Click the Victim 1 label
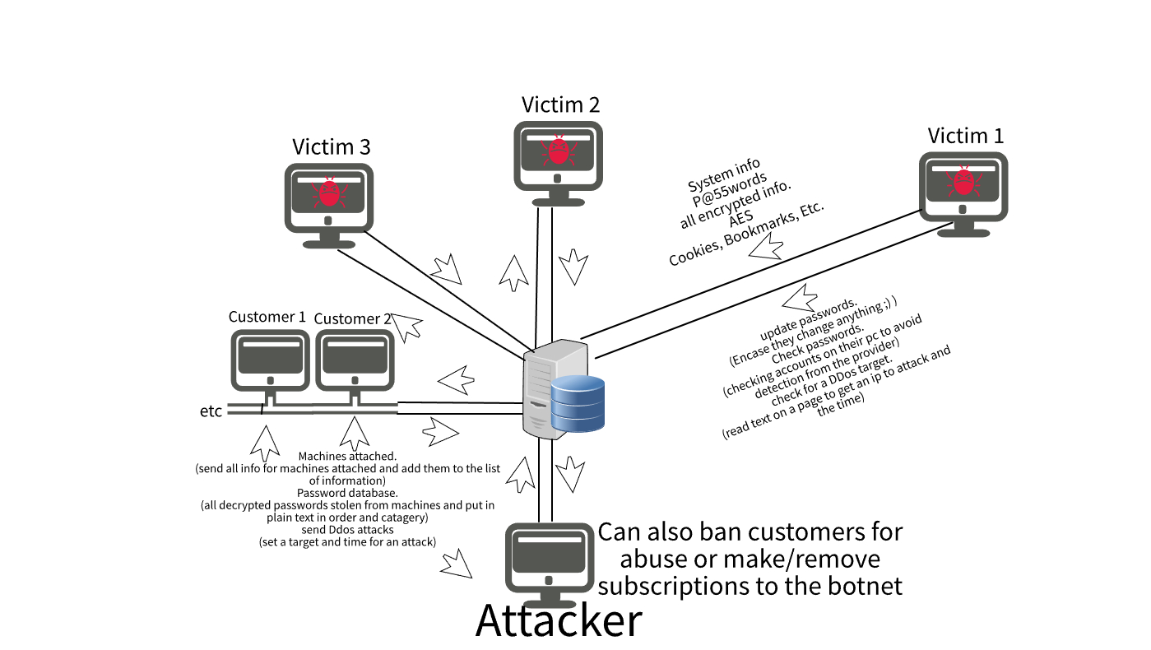coord(965,136)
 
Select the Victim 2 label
coord(560,104)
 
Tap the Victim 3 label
coord(331,146)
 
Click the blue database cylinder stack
coord(578,403)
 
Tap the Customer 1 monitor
coord(270,360)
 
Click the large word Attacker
coord(559,621)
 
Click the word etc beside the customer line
coord(211,411)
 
